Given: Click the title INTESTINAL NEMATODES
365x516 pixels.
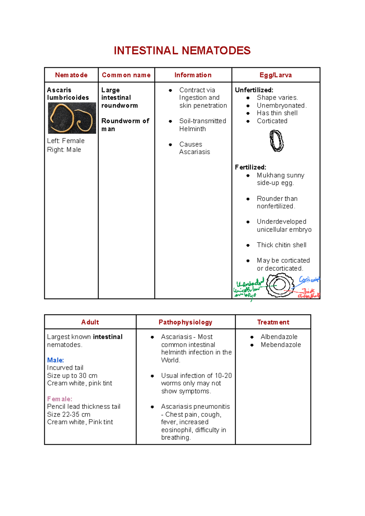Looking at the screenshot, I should tap(182, 51).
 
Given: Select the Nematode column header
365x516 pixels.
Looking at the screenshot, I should tap(71, 75).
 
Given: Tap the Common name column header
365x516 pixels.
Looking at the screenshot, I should tap(126, 75).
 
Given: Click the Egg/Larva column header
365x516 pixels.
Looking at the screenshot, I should tap(276, 75).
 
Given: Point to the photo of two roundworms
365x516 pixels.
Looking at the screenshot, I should tap(72, 118).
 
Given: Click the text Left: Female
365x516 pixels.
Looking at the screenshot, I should tap(66, 141).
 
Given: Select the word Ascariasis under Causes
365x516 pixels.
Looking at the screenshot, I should tap(194, 152).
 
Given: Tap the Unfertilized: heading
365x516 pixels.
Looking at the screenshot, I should tap(254, 90).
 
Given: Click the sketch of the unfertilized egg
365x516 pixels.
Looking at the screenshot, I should tap(276, 141).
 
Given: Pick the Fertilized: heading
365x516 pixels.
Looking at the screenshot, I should tap(250, 167).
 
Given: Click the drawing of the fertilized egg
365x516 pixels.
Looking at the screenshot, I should tap(279, 285).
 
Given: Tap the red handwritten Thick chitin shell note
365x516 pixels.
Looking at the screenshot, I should tap(308, 293).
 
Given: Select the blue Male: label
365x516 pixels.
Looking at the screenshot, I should tap(55, 360).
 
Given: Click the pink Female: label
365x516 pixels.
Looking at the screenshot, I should tap(60, 399).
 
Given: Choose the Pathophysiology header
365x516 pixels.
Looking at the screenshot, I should tap(185, 322).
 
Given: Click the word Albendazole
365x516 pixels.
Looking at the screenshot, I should tap(279, 337).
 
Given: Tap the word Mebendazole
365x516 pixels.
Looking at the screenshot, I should tap(280, 345).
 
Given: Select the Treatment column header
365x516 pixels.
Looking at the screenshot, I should tap(273, 322).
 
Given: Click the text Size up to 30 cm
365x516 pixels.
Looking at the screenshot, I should tap(72, 376).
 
